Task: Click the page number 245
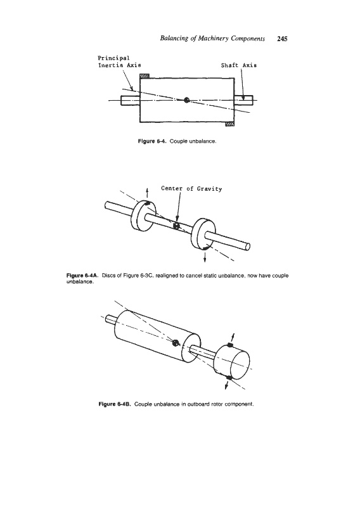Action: point(282,39)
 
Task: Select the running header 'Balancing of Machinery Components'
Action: point(212,39)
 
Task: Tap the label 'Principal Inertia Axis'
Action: point(119,61)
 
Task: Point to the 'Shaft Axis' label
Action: point(239,65)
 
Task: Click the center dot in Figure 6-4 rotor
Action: point(186,100)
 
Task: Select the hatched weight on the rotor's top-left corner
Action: point(145,75)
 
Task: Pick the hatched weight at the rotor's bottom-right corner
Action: point(229,124)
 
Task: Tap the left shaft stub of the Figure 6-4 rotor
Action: point(131,100)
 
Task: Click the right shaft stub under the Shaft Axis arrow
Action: point(243,100)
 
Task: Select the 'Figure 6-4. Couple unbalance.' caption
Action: point(177,141)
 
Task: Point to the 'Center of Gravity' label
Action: point(191,188)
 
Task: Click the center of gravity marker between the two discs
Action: point(176,226)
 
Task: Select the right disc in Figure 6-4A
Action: point(203,233)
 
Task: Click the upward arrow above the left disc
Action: point(148,193)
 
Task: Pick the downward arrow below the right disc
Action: point(205,257)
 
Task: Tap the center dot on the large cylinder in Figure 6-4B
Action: point(176,343)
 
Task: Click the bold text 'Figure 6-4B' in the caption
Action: point(115,404)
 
